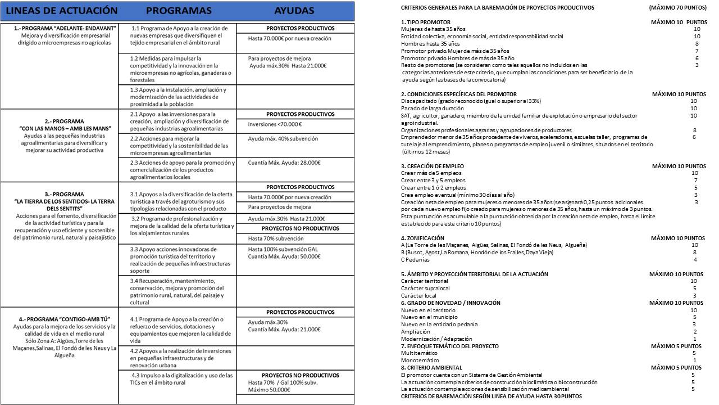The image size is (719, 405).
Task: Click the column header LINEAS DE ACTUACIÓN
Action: coord(62,11)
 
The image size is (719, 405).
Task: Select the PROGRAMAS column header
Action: coord(179,11)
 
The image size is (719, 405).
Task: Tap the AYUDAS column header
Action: coord(294,11)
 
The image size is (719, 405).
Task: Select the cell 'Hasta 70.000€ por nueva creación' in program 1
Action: coord(290,39)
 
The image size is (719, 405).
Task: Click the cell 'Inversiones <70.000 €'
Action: coord(275,124)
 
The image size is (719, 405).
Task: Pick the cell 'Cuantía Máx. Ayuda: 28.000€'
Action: coord(287,163)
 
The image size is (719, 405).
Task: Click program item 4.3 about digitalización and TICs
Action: coord(178,378)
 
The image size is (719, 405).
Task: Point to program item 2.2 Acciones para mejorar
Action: coord(178,146)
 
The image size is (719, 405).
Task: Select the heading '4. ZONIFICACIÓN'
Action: coord(422,238)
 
